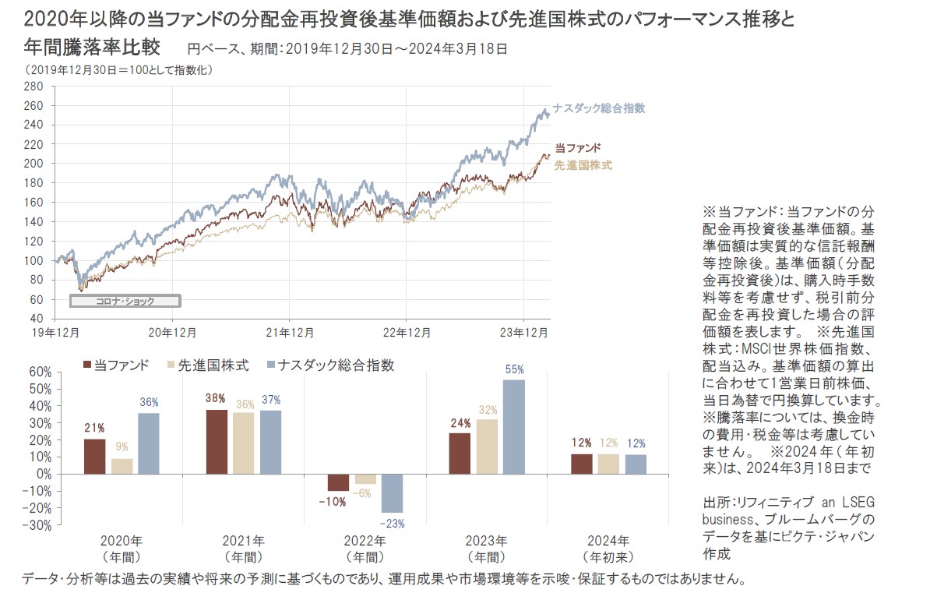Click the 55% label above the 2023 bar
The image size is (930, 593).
514,370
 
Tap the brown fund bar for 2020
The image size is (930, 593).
94,456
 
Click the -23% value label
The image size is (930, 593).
393,524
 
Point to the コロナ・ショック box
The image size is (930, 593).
125,301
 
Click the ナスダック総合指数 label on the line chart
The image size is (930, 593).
599,108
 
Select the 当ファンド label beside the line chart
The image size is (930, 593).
578,148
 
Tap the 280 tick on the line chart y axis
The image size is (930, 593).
33,86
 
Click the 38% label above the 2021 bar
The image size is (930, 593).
216,397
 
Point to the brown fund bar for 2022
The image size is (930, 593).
338,482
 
